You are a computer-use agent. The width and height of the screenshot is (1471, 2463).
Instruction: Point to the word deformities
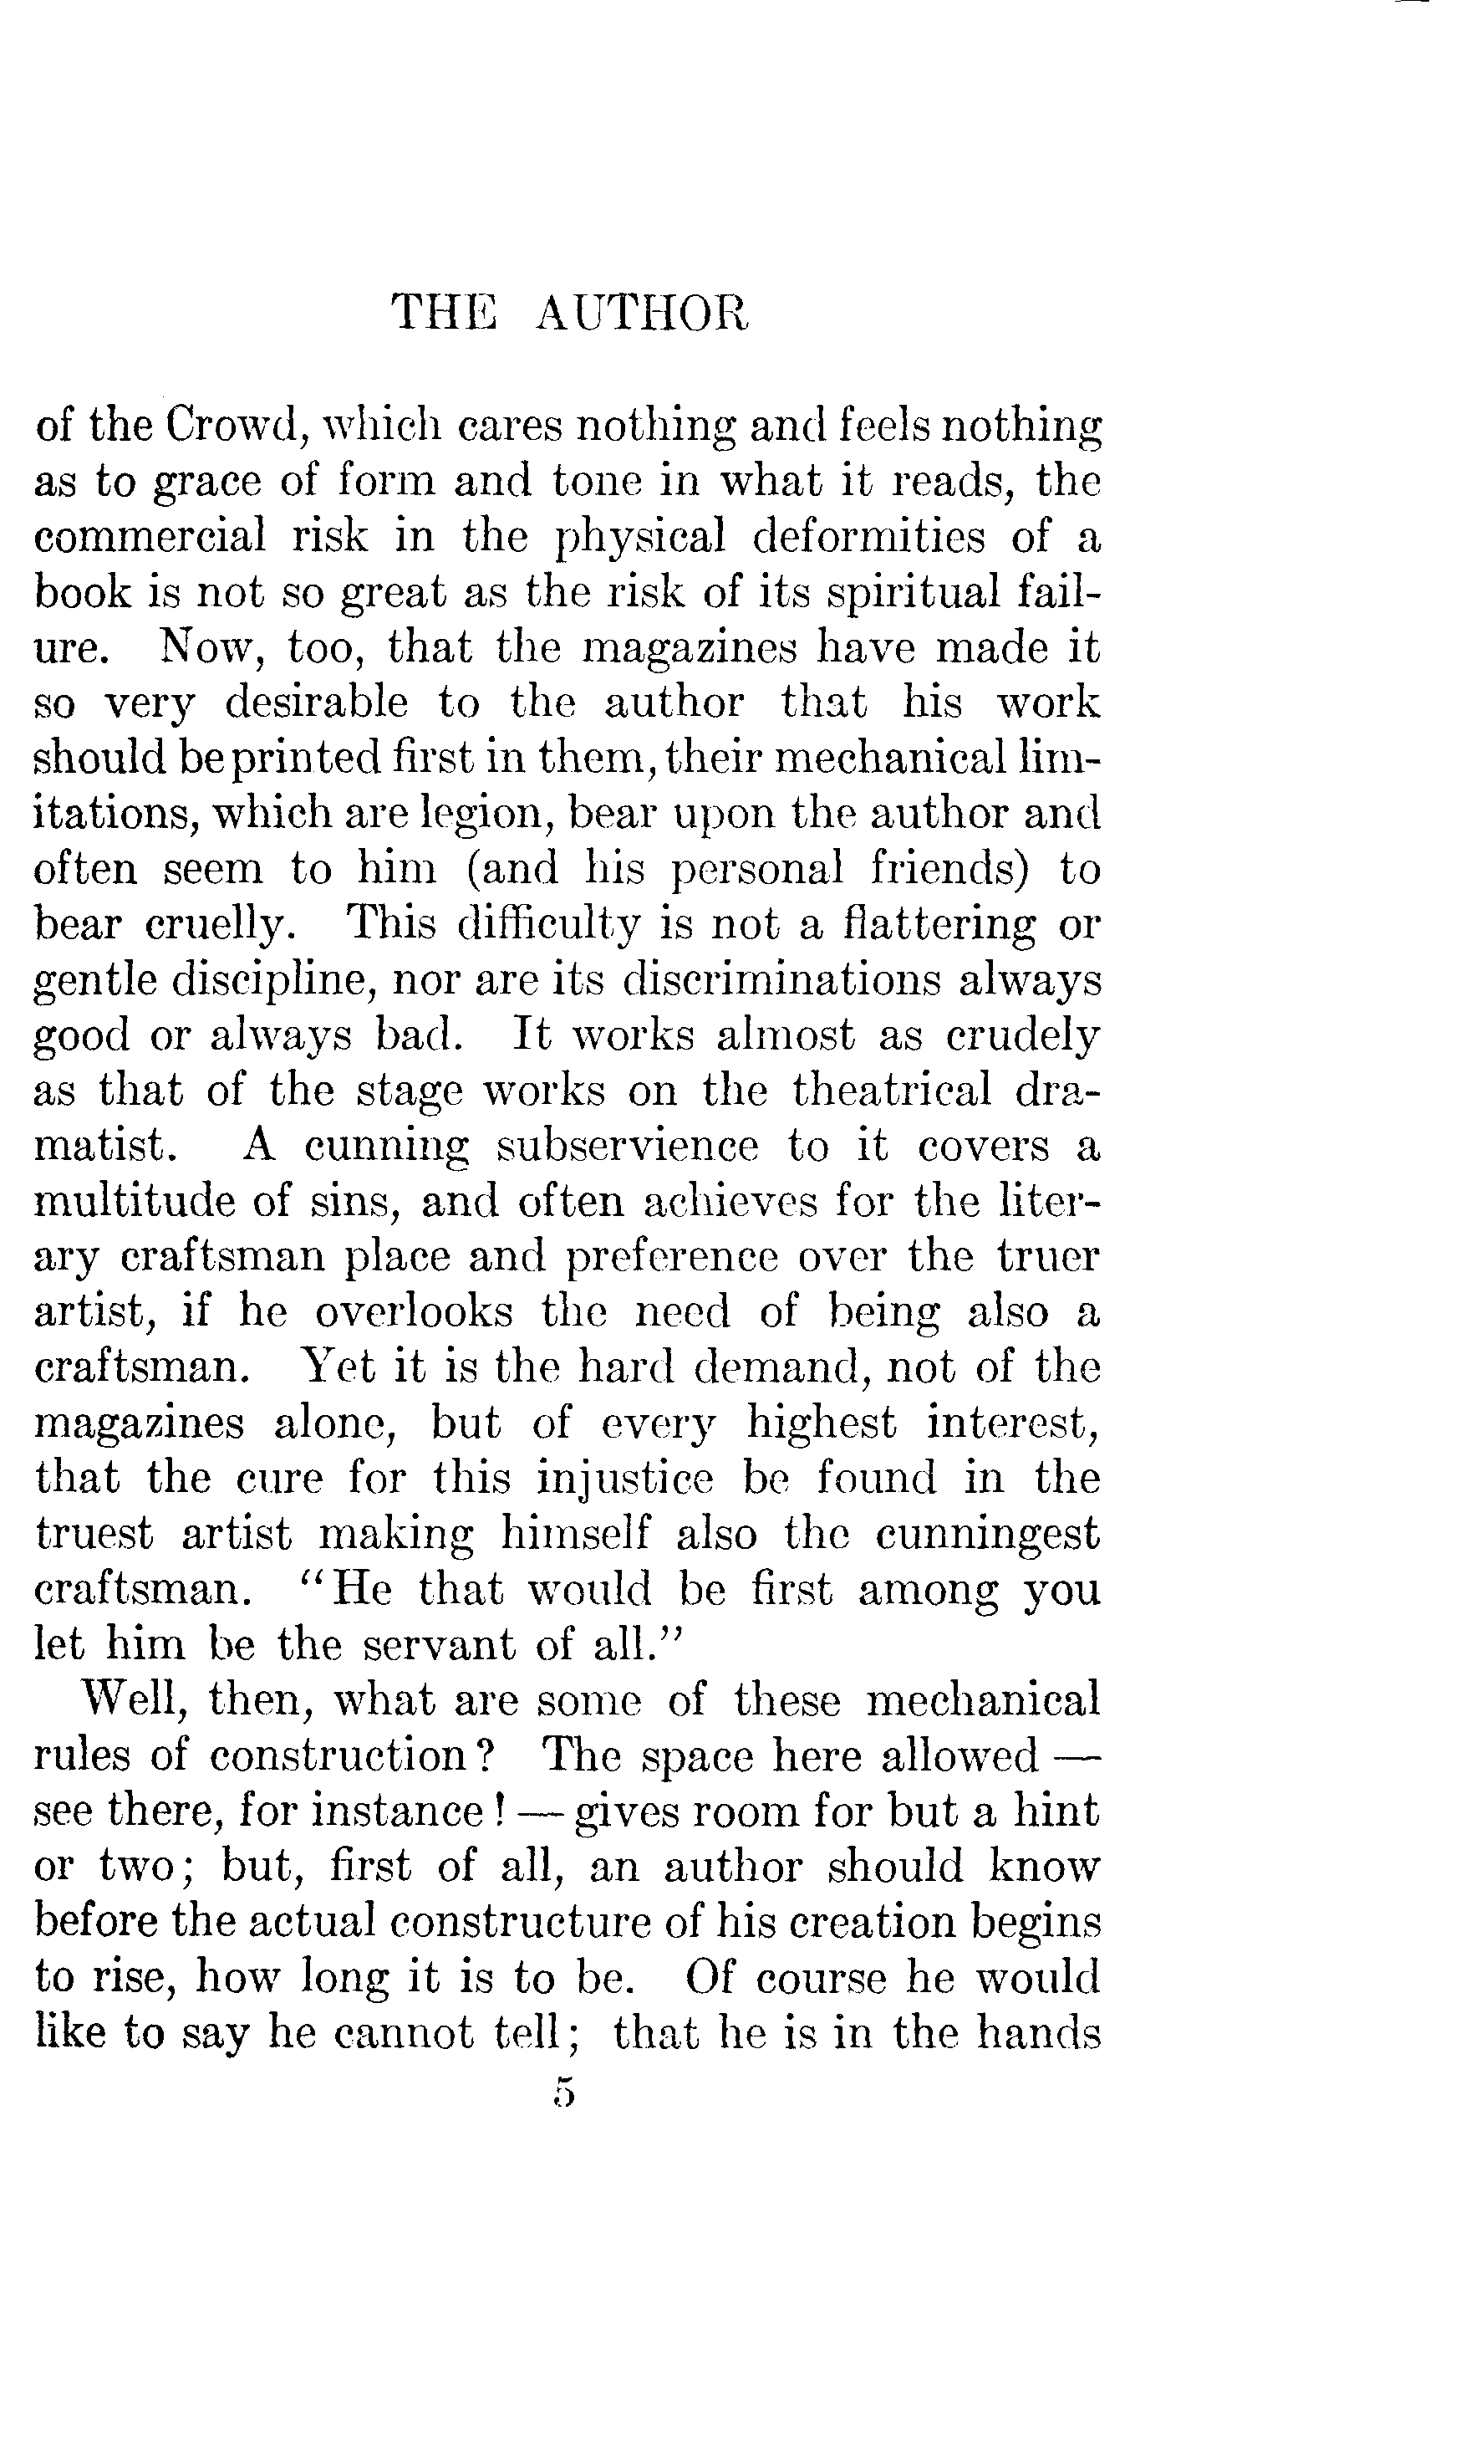pyautogui.click(x=868, y=538)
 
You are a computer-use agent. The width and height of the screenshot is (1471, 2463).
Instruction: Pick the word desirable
pyautogui.click(x=316, y=703)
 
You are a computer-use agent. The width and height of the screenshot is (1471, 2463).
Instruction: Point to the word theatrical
pyautogui.click(x=891, y=1091)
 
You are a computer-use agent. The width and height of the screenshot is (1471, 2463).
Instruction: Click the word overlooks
pyautogui.click(x=414, y=1313)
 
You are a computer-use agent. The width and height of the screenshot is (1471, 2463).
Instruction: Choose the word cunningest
pyautogui.click(x=987, y=1534)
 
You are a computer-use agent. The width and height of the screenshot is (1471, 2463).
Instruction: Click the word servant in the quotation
pyautogui.click(x=439, y=1645)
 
